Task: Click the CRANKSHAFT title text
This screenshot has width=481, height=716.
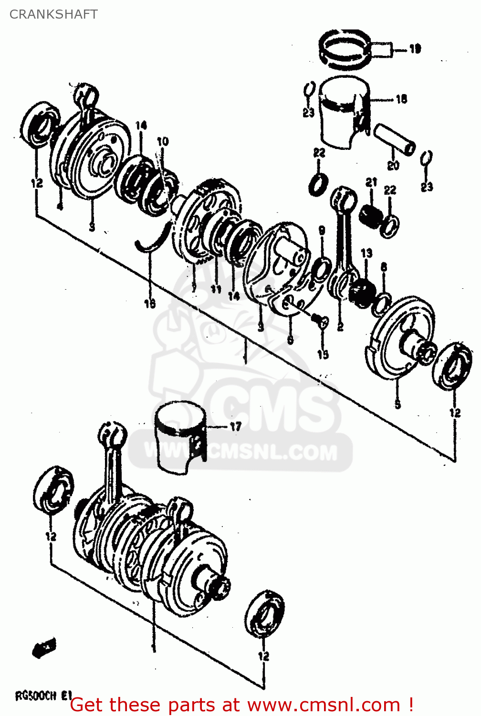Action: click(x=53, y=14)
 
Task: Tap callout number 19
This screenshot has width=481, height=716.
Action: click(x=415, y=49)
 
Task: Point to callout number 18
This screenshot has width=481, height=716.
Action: click(x=401, y=99)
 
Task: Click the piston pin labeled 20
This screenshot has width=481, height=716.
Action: click(x=394, y=139)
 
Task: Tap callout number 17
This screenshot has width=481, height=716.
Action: click(x=235, y=426)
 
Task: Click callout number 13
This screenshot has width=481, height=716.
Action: click(x=366, y=253)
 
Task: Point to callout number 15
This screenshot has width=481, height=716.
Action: click(x=323, y=354)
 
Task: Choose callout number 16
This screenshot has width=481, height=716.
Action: click(x=150, y=304)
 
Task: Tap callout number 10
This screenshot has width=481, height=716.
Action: click(x=163, y=141)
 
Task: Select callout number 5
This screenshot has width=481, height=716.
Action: click(x=397, y=405)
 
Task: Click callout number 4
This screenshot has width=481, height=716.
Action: click(x=60, y=206)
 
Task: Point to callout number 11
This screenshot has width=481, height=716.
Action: click(x=216, y=289)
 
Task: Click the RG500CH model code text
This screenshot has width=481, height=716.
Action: click(x=36, y=695)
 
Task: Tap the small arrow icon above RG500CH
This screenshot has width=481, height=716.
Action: click(x=44, y=648)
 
